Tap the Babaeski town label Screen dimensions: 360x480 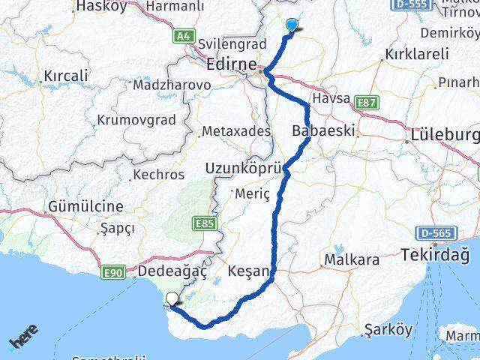[x=322, y=130]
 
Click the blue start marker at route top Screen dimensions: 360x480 [x=292, y=25]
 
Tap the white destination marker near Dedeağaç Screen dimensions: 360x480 [x=172, y=300]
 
